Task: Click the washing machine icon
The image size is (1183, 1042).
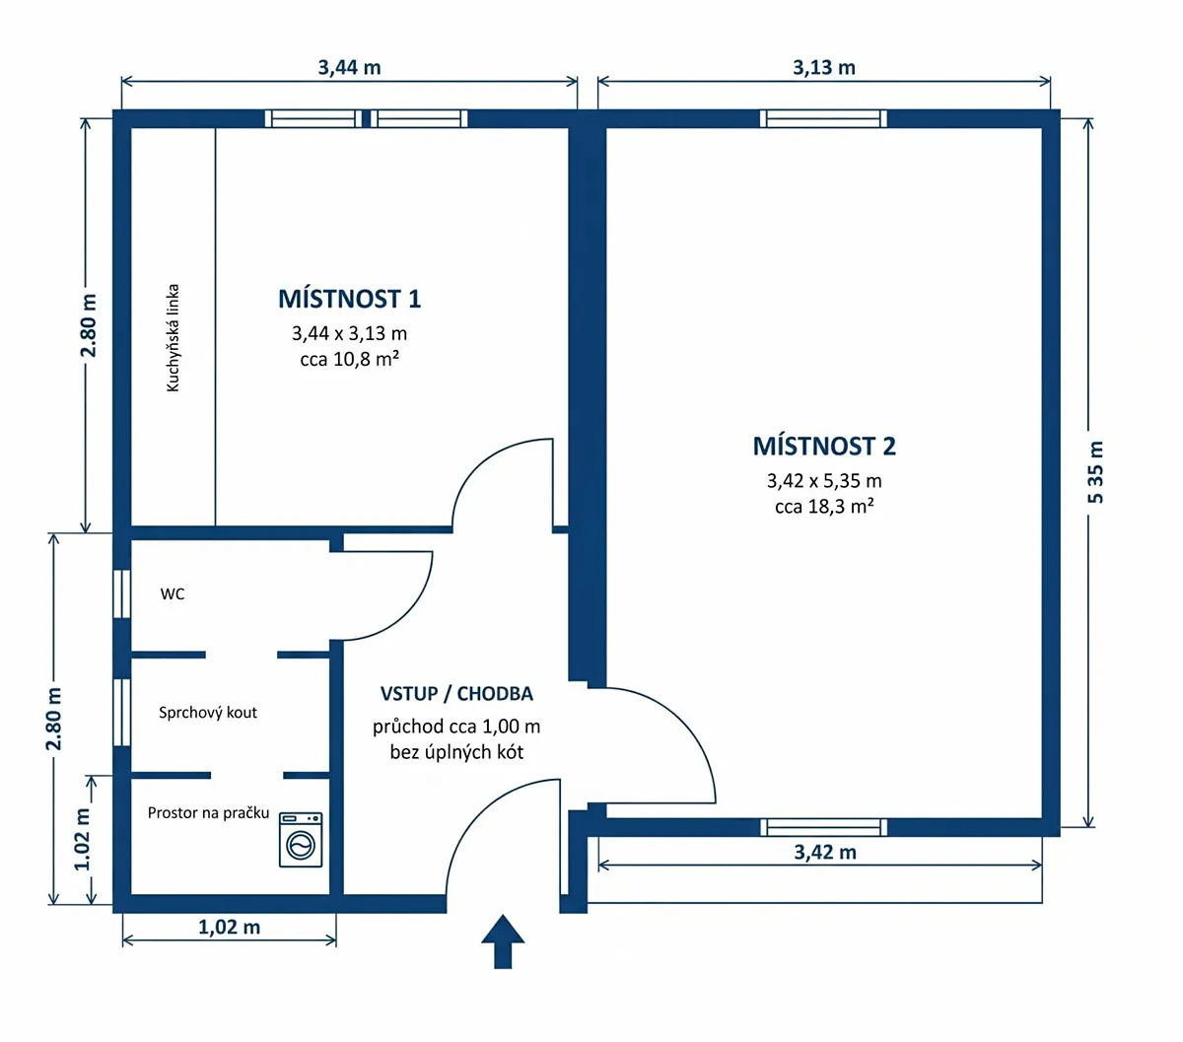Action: [x=300, y=839]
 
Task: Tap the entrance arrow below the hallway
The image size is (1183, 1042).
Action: [x=503, y=941]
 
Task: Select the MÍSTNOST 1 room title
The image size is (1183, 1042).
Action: [x=349, y=299]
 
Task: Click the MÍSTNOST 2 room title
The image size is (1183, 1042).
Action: [x=824, y=447]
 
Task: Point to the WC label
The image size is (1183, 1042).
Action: [x=173, y=594]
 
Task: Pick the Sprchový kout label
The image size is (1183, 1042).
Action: [x=208, y=713]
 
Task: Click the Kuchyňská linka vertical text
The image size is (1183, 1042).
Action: [x=173, y=337]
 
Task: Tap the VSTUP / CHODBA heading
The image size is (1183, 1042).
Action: [x=456, y=694]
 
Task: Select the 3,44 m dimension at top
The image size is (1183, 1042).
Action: [x=349, y=68]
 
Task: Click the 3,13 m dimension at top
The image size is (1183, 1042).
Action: [x=824, y=68]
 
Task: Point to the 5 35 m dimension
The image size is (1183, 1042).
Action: [x=1096, y=472]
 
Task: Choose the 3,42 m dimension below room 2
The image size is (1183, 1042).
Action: [x=825, y=852]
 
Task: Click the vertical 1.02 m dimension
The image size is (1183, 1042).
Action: [x=83, y=839]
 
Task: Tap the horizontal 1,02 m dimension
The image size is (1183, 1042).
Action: [x=229, y=927]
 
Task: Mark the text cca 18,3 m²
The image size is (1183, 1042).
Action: [x=824, y=507]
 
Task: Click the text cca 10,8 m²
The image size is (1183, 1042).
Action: [x=349, y=359]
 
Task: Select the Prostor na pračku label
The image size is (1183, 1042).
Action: [x=208, y=813]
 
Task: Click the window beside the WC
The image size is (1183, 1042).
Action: [x=121, y=593]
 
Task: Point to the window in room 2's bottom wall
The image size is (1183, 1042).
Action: [x=823, y=827]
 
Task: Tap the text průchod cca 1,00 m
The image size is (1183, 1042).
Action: [x=456, y=727]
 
